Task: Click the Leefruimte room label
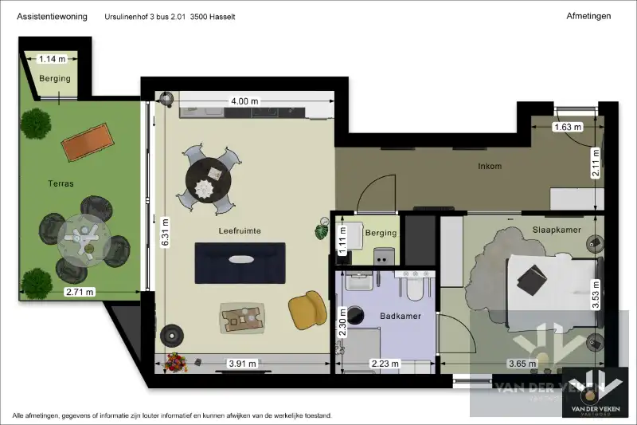240,230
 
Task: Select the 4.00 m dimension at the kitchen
244,101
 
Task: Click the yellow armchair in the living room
307,309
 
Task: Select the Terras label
60,183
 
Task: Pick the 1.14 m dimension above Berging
52,58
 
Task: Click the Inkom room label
489,167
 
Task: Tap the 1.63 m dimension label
567,126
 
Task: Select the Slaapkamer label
557,230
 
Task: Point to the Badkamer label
401,317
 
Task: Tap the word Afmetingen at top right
588,16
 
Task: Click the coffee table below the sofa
242,319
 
